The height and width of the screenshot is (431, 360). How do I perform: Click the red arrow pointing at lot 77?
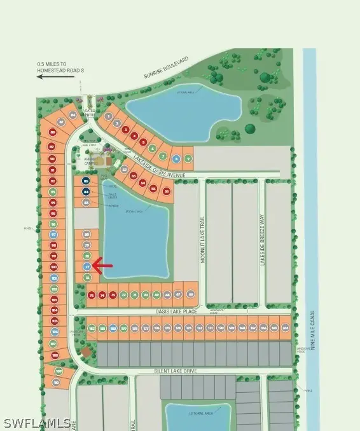coord(103,264)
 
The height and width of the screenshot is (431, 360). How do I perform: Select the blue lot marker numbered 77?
coord(87,266)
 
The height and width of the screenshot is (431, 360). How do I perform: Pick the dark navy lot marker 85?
coord(87,181)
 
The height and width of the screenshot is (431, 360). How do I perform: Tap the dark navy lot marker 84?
coord(87,191)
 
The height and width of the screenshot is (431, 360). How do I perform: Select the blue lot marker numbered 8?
coord(176,158)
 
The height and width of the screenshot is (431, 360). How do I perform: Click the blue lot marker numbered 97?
coord(54,235)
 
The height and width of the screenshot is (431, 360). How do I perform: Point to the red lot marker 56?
coord(167,190)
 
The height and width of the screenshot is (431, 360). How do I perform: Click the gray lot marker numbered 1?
coord(109,116)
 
